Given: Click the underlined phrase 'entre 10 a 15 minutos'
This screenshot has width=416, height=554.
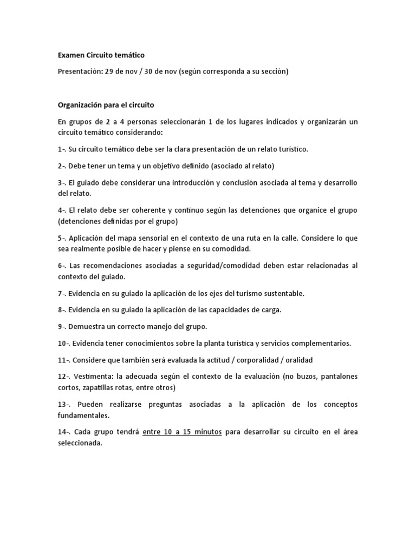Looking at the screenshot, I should (x=182, y=432).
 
